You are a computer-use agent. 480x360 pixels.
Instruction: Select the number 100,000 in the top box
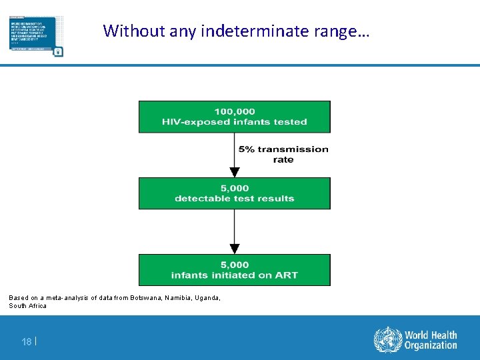point(234,111)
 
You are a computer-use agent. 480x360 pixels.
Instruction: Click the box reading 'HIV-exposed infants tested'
point(234,122)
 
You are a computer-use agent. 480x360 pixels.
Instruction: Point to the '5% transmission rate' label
point(283,154)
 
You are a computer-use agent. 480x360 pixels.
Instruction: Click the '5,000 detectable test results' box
point(234,193)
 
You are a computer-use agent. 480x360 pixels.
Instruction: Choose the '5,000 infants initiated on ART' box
point(234,270)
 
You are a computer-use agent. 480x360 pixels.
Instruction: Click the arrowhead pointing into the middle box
point(234,172)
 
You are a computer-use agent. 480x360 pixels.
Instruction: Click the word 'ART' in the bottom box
point(286,275)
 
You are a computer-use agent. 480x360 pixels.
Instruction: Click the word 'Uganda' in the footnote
point(205,297)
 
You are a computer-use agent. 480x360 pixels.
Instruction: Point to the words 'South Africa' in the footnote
point(27,306)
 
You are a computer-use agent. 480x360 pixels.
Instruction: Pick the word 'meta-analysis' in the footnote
point(61,297)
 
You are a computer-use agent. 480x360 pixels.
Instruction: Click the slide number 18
point(26,341)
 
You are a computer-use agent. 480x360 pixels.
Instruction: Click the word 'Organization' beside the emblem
point(431,345)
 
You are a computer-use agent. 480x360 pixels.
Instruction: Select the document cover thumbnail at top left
point(37,37)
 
